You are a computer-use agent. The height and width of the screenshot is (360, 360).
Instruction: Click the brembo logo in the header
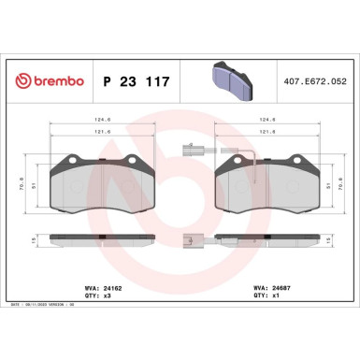click(44, 81)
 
